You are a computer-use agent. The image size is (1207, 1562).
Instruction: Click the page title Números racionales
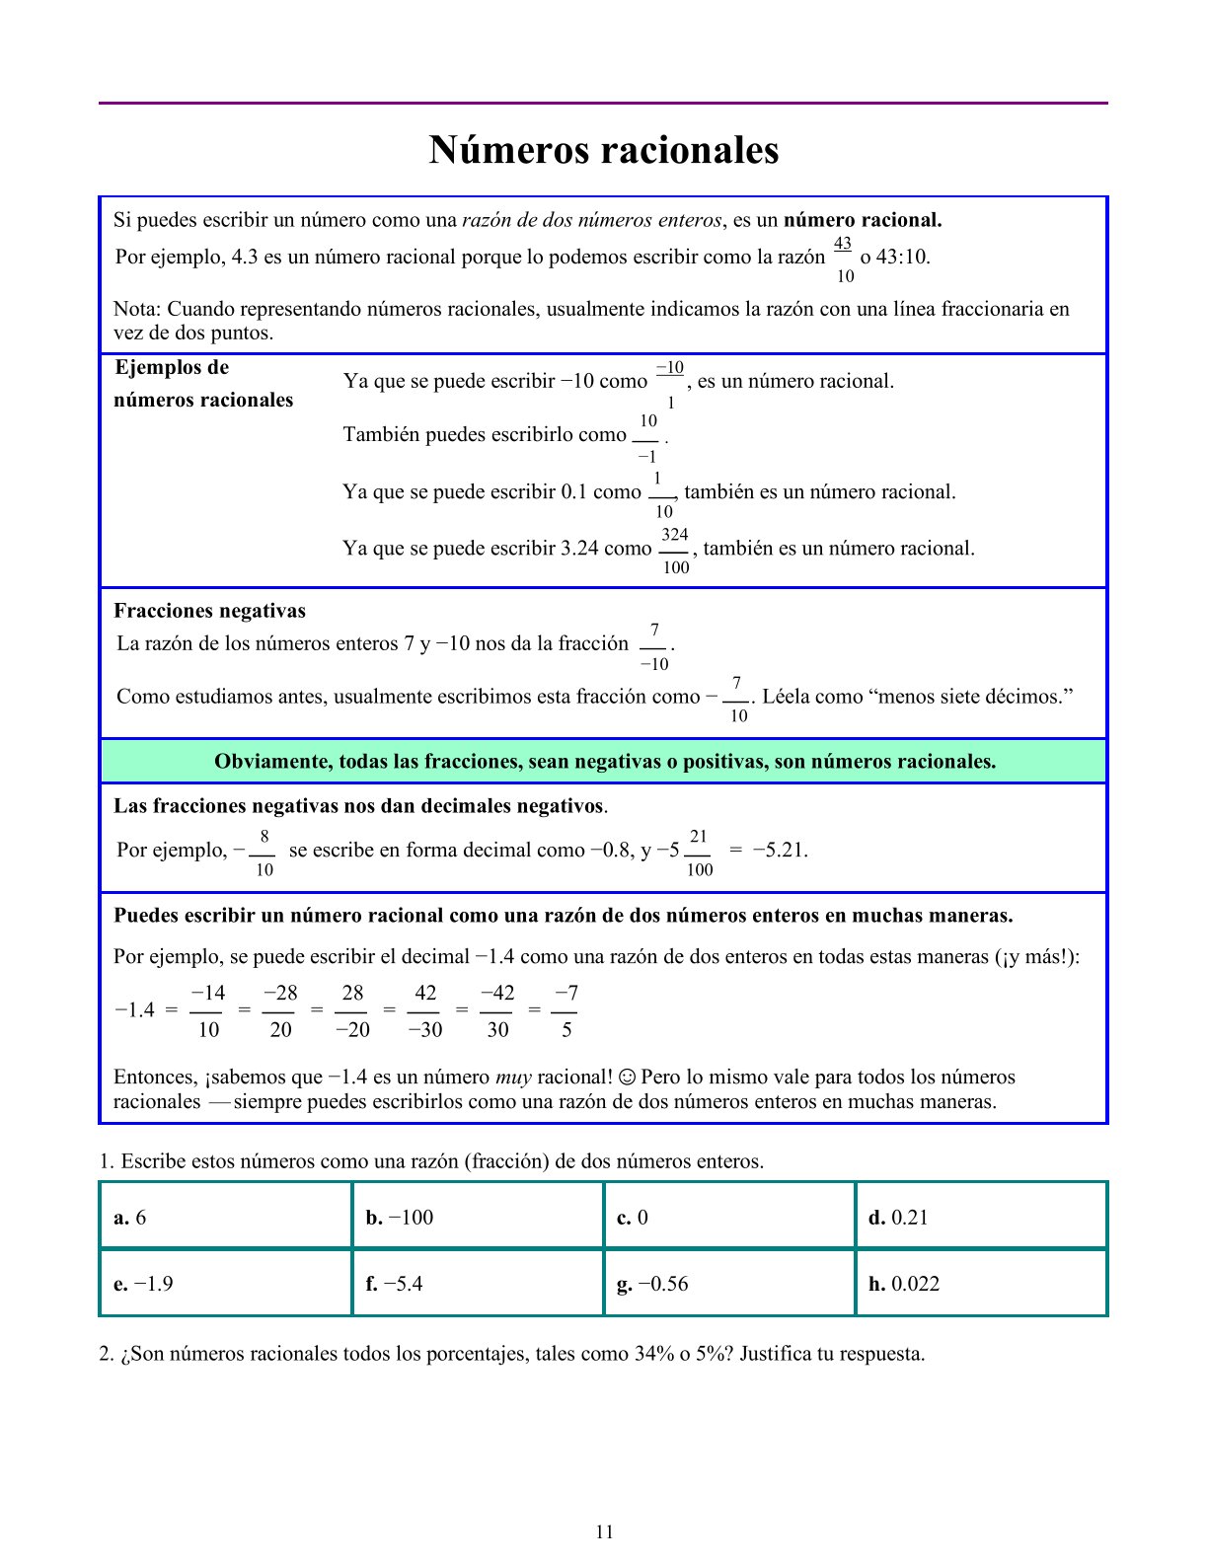[603, 150]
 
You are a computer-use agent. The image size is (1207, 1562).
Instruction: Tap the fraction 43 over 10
[844, 260]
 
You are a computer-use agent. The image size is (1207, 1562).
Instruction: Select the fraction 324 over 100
[675, 551]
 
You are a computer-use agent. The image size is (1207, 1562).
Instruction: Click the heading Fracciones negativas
[209, 611]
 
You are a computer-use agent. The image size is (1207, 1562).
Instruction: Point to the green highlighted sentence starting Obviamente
[604, 762]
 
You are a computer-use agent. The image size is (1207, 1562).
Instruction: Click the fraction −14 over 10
[207, 1011]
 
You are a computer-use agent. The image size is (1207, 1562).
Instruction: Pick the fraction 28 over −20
[352, 1011]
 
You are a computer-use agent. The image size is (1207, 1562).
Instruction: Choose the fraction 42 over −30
[425, 1011]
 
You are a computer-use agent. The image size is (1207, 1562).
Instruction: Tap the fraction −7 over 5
[566, 1011]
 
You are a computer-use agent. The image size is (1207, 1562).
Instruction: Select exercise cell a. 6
[226, 1217]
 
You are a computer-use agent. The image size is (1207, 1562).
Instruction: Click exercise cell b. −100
[478, 1217]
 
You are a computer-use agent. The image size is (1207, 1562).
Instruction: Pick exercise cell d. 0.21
[981, 1217]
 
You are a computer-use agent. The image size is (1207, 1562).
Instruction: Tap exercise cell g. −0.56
[729, 1284]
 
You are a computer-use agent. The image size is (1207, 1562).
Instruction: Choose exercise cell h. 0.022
[981, 1284]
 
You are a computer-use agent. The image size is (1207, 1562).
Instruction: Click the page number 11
[604, 1531]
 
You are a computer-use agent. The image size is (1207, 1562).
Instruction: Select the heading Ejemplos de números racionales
[203, 384]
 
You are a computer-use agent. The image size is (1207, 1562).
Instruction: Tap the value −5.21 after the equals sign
[780, 851]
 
